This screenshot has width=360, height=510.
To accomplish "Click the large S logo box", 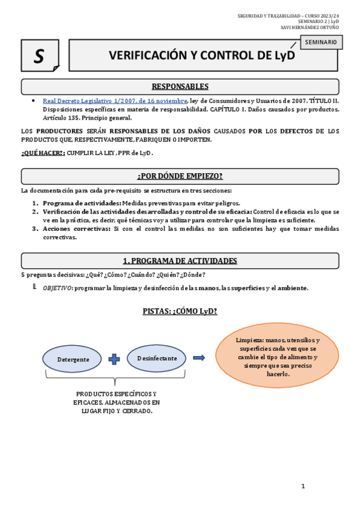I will pyautogui.click(x=40, y=55).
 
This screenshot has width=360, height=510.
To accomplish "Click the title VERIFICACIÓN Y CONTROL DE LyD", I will pyautogui.click(x=202, y=56).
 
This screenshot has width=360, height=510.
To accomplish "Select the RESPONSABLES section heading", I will pyautogui.click(x=180, y=87).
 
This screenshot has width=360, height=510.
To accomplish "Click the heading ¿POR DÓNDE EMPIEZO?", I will pyautogui.click(x=180, y=176).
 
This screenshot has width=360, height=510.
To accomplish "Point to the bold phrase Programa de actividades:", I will pyautogui.click(x=82, y=203).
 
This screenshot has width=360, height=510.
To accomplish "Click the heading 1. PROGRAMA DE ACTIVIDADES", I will pyautogui.click(x=180, y=261).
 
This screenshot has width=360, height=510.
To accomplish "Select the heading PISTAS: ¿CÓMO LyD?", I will pyautogui.click(x=180, y=311).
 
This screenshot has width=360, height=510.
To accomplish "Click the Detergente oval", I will pyautogui.click(x=73, y=358).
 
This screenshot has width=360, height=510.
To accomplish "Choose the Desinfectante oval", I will pyautogui.click(x=157, y=358).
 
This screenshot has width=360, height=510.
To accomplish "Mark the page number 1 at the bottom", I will pyautogui.click(x=304, y=485).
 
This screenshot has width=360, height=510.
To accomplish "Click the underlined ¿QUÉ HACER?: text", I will pyautogui.click(x=43, y=153).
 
